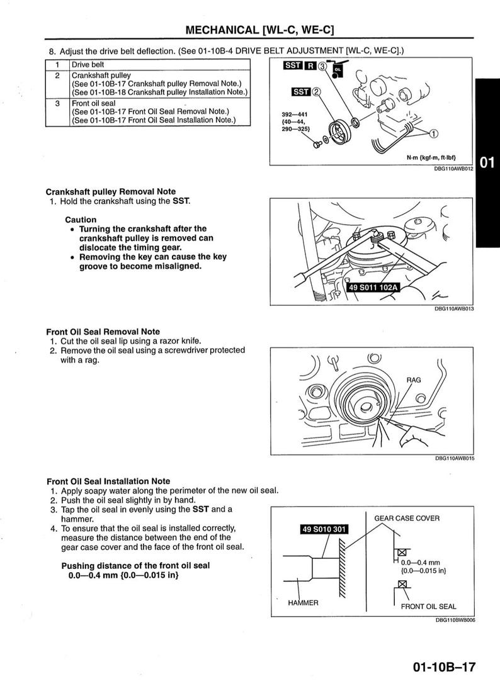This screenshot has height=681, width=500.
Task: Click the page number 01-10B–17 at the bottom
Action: [x=444, y=667]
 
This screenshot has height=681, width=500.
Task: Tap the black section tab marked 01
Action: [x=487, y=163]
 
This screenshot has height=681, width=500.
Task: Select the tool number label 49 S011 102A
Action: [x=373, y=288]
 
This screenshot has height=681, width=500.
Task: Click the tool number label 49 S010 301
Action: [x=324, y=529]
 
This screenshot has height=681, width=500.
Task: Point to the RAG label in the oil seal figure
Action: [x=413, y=380]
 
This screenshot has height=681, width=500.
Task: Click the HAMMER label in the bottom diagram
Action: [x=303, y=602]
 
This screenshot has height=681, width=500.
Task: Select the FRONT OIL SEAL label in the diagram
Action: [x=428, y=607]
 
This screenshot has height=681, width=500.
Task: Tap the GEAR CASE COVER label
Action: [x=407, y=518]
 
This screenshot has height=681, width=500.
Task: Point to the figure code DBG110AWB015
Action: [x=454, y=458]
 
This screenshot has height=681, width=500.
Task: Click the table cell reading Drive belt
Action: [x=88, y=65]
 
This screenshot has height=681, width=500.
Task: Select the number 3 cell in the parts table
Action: [x=57, y=103]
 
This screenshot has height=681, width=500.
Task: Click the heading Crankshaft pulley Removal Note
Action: [x=111, y=191]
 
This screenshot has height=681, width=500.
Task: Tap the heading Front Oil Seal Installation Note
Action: [x=108, y=481]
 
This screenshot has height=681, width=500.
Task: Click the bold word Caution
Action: [x=81, y=220]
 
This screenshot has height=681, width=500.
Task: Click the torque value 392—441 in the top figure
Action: [x=293, y=114]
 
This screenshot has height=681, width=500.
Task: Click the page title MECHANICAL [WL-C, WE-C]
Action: [x=259, y=30]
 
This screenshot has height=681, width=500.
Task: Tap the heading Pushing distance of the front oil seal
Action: [x=135, y=565]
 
